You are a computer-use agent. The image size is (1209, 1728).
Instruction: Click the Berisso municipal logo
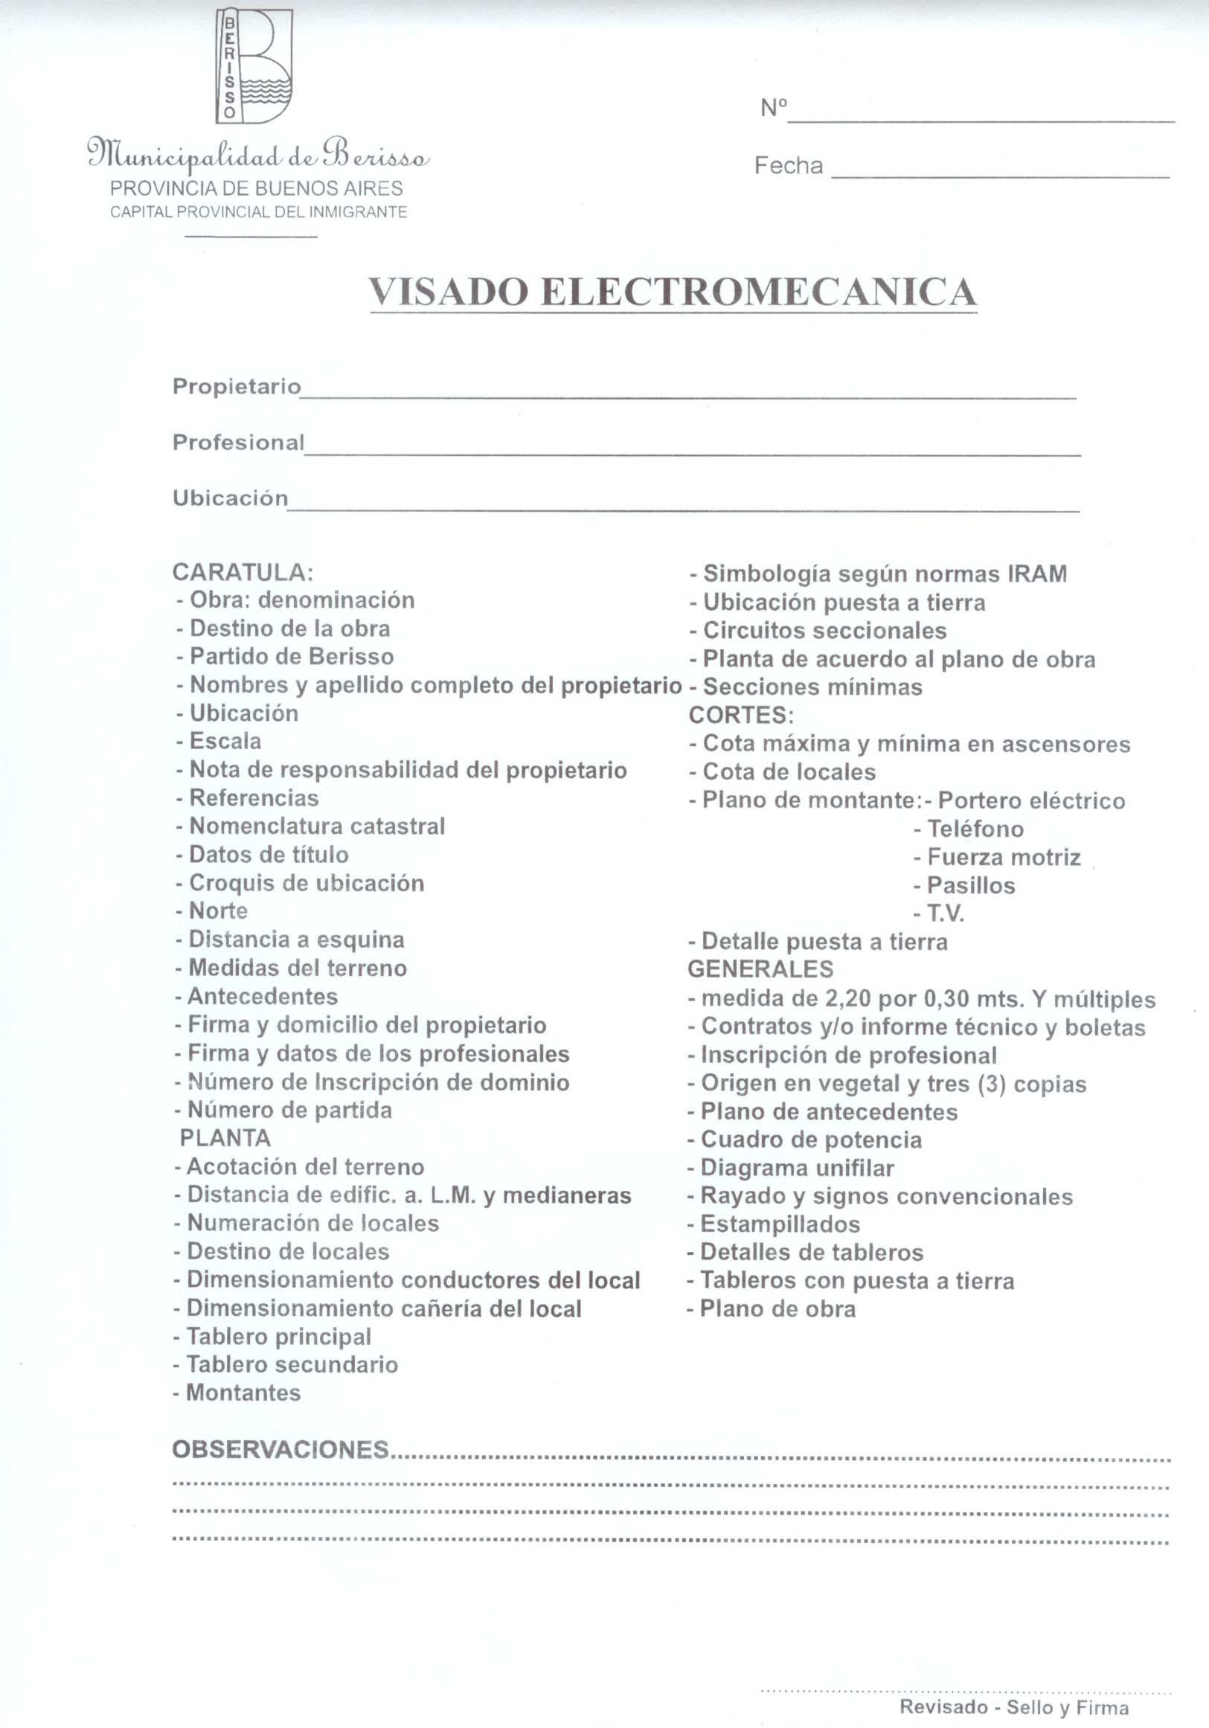254,66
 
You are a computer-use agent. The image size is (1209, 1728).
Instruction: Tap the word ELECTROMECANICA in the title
758,292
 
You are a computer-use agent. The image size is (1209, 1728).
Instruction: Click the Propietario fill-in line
687,395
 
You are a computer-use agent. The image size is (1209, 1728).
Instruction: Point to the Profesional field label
238,442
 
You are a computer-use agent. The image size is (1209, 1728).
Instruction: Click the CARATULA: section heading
243,572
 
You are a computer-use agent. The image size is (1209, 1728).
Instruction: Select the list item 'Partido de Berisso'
292,656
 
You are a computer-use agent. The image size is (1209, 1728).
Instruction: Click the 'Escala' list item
225,742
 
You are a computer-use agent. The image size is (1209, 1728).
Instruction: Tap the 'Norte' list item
218,910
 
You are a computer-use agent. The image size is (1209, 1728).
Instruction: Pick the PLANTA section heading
225,1138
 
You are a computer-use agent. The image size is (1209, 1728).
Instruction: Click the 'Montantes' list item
243,1393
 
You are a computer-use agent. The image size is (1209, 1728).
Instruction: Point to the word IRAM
1037,574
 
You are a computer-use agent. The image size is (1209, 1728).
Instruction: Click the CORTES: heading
741,715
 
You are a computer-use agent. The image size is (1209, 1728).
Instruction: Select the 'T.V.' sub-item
946,913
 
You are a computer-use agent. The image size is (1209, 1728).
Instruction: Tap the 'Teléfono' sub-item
975,829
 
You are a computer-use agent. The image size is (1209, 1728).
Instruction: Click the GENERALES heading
760,969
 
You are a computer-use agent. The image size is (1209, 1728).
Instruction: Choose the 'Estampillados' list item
780,1224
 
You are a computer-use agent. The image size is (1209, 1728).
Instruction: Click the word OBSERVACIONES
280,1449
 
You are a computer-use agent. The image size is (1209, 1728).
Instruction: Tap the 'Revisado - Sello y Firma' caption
1014,1707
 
